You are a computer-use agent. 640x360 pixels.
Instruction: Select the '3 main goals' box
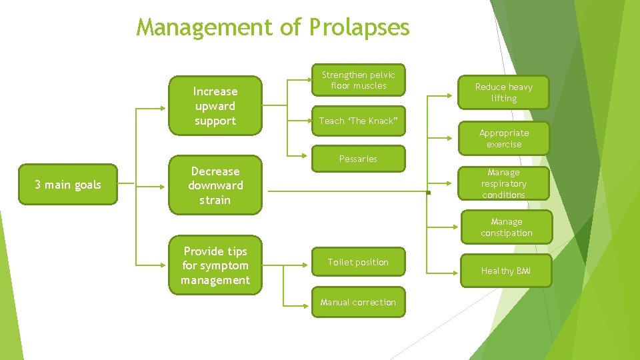coord(67,185)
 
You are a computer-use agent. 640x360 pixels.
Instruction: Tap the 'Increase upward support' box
coord(215,106)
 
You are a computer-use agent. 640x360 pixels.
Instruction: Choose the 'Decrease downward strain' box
coord(215,185)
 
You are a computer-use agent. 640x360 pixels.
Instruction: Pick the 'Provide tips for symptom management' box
coord(215,265)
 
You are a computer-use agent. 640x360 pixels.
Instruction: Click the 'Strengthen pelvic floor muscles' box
coord(358,80)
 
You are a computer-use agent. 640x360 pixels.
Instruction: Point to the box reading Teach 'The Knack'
coord(358,121)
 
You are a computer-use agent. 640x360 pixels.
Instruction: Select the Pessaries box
coord(358,159)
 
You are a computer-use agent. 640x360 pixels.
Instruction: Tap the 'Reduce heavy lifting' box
coord(503,93)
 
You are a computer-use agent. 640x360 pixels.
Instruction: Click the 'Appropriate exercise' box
coord(503,139)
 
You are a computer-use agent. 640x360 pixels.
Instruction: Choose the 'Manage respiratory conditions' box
coord(503,183)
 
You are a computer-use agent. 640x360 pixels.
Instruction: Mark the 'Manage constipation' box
coord(507,227)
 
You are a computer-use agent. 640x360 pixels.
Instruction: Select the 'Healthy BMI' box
coord(506,271)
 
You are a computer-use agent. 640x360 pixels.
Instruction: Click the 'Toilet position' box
coord(358,262)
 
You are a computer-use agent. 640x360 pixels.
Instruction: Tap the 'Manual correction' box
coord(358,302)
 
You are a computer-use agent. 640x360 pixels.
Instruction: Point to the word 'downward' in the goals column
coord(215,185)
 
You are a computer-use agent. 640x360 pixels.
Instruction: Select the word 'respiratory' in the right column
coord(503,183)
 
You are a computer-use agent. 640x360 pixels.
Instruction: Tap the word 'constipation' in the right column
coord(507,233)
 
